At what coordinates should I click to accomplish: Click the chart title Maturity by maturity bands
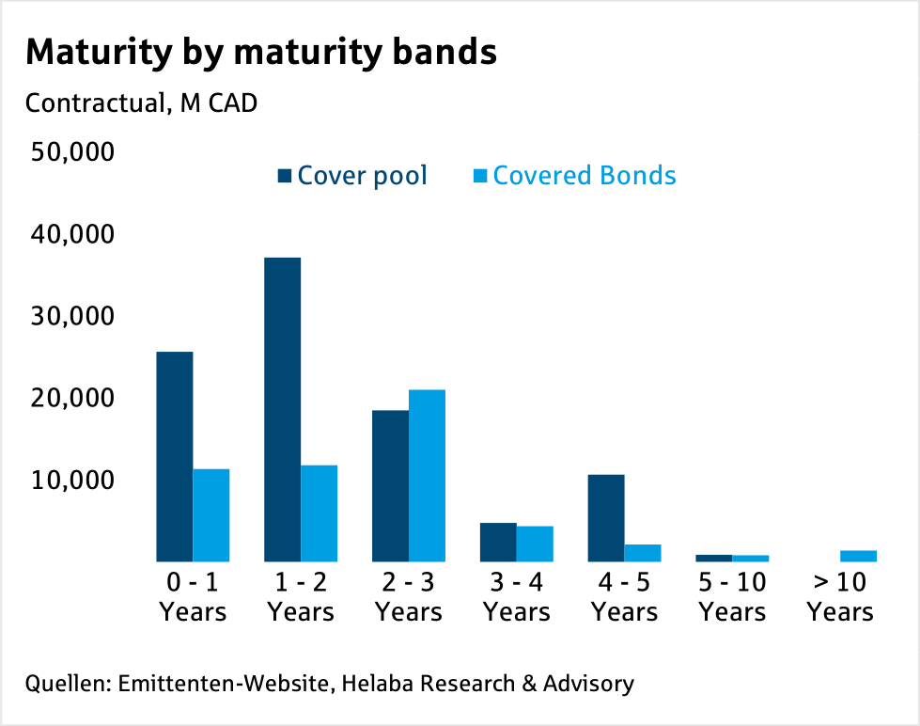point(260,53)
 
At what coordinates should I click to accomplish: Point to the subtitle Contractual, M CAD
point(141,103)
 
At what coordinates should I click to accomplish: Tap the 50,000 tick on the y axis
point(72,152)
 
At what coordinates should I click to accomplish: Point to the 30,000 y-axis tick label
point(72,316)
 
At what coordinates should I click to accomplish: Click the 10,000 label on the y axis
point(72,480)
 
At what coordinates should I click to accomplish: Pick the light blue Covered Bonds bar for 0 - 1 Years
point(211,514)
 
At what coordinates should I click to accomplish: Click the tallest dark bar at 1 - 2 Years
point(283,409)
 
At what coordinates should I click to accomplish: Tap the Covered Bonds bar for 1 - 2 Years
point(320,513)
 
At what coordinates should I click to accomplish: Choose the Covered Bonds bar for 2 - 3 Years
point(428,475)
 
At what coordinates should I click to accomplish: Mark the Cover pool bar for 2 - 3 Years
point(391,485)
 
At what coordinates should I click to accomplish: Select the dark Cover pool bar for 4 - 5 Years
point(607,517)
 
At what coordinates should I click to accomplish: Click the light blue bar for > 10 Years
point(859,556)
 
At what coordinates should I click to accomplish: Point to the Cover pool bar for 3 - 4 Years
point(499,542)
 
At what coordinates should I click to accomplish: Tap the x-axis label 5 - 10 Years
point(733,597)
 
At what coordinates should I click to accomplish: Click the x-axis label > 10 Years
point(840,597)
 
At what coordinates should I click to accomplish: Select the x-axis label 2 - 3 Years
point(409,597)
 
